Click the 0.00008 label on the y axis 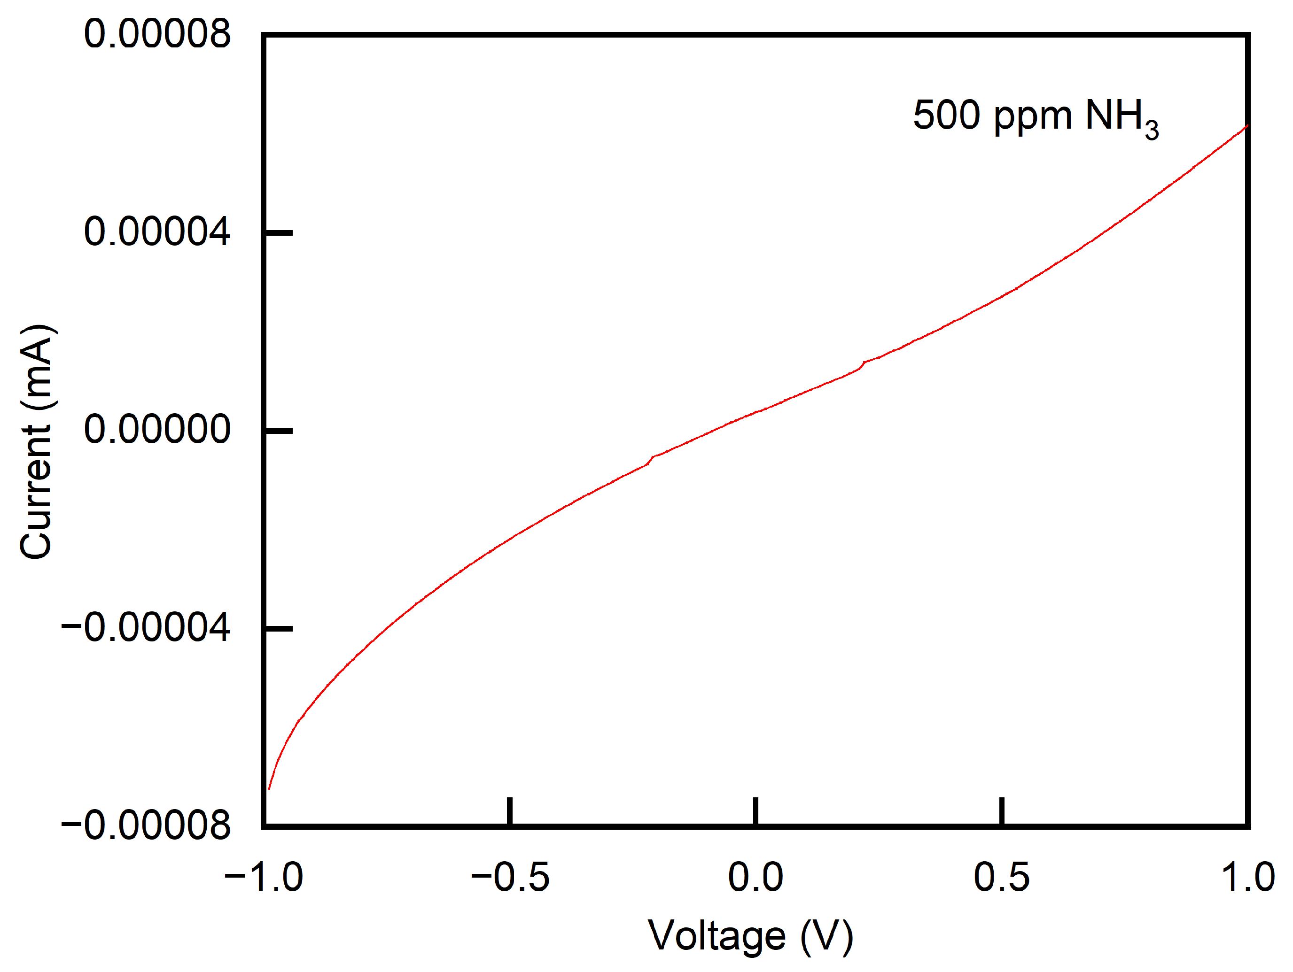156,34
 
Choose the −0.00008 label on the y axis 146,825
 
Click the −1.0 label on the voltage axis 264,877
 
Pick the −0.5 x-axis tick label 510,877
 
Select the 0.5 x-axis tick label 1001,877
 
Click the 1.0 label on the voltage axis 1247,877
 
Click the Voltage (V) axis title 750,936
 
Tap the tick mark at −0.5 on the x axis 510,811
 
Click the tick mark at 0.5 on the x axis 1001,811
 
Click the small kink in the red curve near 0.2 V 862,364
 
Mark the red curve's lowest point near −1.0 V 268,788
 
